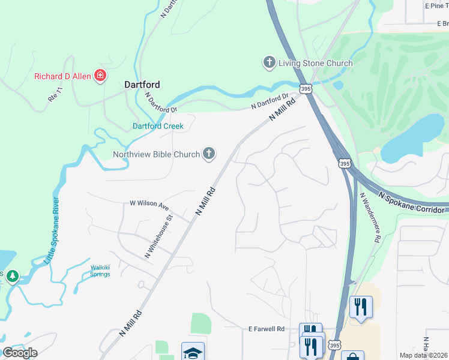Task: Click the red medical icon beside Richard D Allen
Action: tap(101, 76)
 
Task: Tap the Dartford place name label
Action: tap(142, 85)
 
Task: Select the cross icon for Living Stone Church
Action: tap(269, 62)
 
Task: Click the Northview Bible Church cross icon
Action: tap(209, 154)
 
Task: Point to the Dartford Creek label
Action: tap(158, 126)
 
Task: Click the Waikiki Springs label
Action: tap(100, 271)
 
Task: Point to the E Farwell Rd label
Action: tap(266, 329)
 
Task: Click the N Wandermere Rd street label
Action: tap(370, 217)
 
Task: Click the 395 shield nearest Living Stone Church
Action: tap(306, 89)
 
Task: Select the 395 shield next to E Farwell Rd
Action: tap(335, 345)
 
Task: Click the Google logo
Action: tap(20, 352)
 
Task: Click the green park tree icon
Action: tap(11, 277)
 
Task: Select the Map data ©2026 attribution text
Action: tap(423, 355)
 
